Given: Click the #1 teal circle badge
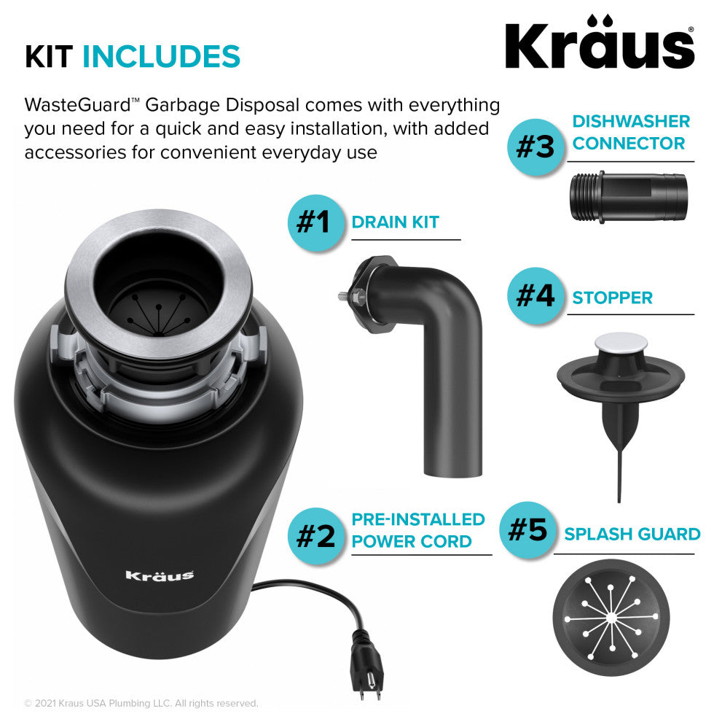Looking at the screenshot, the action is click(315, 222).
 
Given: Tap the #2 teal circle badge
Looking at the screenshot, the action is click(315, 535).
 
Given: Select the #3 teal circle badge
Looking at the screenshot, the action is click(535, 147).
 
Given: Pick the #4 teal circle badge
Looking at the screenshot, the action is click(535, 295).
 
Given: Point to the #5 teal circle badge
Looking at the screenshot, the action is click(527, 529).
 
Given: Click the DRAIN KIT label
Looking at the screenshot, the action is click(395, 222).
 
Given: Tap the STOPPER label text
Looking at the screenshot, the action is click(612, 298).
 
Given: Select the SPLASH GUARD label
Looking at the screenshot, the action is click(632, 534).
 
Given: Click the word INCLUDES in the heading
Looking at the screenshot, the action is click(161, 56).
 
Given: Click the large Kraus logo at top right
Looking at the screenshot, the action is click(600, 42).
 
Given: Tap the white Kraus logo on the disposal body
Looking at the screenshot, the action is click(160, 575).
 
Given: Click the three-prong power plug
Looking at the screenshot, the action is click(368, 667).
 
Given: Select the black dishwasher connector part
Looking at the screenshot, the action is click(629, 197).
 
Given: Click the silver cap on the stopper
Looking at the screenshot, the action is click(621, 343).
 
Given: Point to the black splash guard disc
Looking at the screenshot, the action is click(611, 618).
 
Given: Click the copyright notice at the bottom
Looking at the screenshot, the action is click(141, 703).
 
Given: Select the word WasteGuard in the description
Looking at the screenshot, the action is click(78, 105).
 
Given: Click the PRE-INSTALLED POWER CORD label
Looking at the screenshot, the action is click(418, 530).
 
